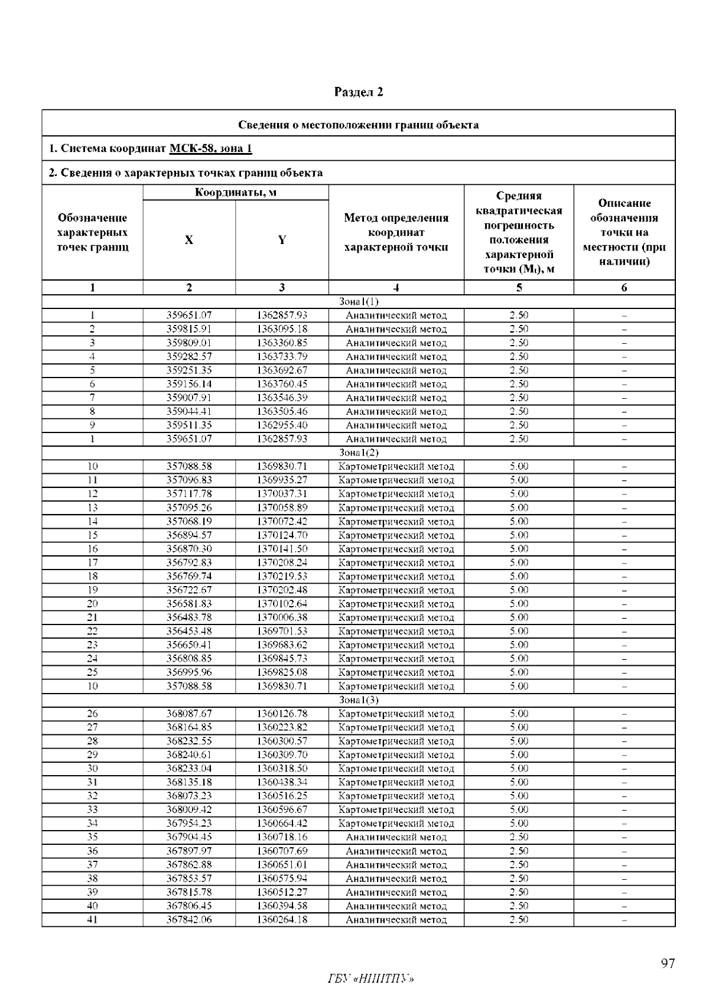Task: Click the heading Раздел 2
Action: tap(359, 92)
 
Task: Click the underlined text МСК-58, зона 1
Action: tap(210, 148)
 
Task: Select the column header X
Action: tap(188, 240)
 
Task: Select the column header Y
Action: tap(282, 240)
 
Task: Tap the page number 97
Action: tap(668, 964)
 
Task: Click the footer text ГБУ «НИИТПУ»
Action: tap(370, 979)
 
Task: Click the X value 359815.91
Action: tap(188, 329)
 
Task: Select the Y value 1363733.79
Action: tap(282, 357)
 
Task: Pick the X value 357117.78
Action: tap(188, 494)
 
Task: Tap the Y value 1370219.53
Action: tap(282, 577)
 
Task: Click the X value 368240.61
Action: tap(188, 755)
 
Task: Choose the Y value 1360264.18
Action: tap(282, 920)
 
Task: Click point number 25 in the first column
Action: tap(92, 672)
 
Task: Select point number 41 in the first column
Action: tap(92, 920)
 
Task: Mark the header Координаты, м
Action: tap(236, 193)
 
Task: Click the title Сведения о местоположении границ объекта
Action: tap(359, 125)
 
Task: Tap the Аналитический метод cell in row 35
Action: tap(396, 837)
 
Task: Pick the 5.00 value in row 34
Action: tap(519, 824)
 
